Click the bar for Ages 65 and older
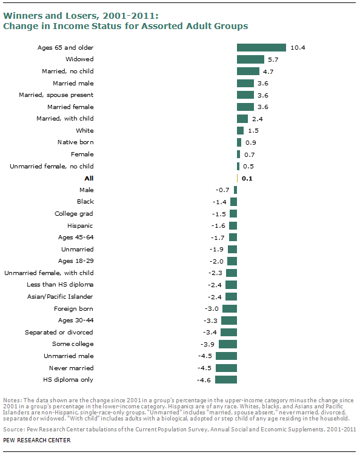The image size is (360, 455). tap(261, 47)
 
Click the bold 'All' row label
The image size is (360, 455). tap(88, 178)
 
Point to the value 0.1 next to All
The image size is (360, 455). tap(247, 178)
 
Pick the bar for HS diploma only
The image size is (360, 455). tap(225, 380)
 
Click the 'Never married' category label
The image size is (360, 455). tap(72, 368)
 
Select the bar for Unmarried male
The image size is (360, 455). tap(226, 356)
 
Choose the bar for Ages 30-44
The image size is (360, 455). tap(228, 320)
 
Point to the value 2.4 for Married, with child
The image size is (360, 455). tap(257, 119)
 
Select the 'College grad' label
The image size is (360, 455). tap(74, 214)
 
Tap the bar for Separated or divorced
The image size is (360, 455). tap(228, 332)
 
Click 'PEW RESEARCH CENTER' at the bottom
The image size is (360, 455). tap(36, 440)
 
